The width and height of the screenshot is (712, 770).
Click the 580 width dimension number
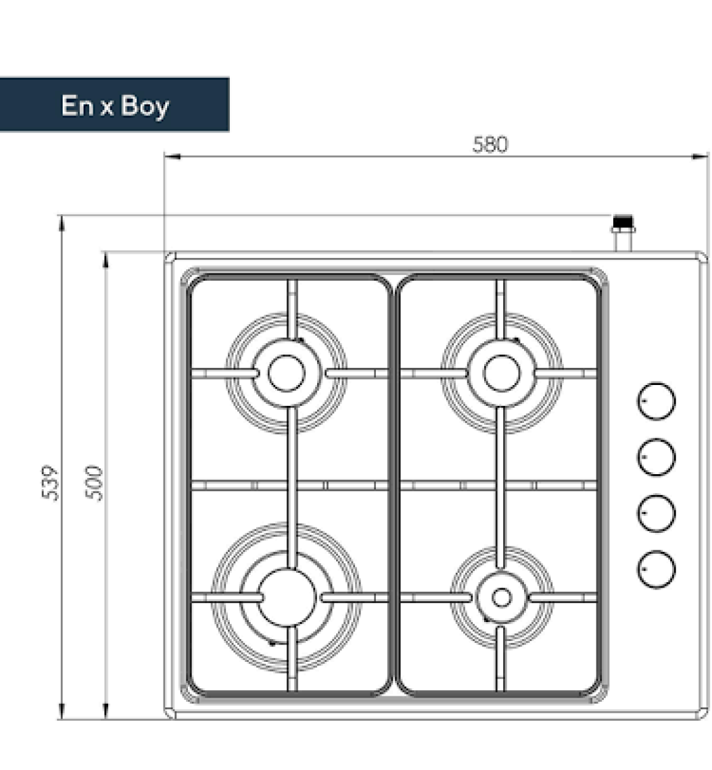pyautogui.click(x=490, y=145)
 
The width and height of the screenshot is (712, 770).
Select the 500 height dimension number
pyautogui.click(x=94, y=483)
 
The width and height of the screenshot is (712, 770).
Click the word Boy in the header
pyautogui.click(x=145, y=106)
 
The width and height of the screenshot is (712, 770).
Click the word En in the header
pyautogui.click(x=77, y=105)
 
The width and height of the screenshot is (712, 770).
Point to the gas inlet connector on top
pyautogui.click(x=623, y=232)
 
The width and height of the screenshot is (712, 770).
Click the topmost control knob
pyautogui.click(x=656, y=401)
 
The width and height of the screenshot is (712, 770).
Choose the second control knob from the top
pyautogui.click(x=656, y=457)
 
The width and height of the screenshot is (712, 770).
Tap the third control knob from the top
pyautogui.click(x=656, y=513)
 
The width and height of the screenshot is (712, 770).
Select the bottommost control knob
pyautogui.click(x=656, y=569)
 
